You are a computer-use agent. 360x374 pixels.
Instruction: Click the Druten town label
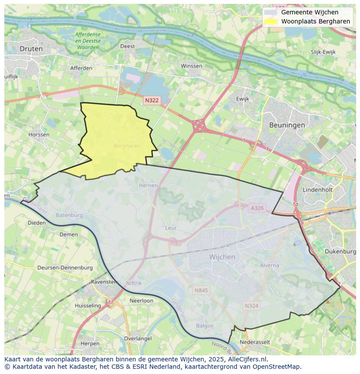(x=31, y=49)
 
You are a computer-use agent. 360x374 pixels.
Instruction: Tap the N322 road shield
(x=152, y=100)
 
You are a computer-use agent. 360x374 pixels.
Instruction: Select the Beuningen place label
(x=287, y=125)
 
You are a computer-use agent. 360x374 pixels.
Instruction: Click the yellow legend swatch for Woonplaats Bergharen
(x=270, y=21)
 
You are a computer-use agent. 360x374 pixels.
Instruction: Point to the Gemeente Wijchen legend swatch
(x=270, y=12)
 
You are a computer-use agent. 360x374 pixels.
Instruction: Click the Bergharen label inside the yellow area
(x=127, y=146)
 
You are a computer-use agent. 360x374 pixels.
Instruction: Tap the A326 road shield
(x=257, y=208)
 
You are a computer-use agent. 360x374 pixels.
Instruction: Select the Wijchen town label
(x=222, y=257)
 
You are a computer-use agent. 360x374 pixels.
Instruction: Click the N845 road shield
(x=201, y=290)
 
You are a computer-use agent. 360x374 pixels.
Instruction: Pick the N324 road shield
(x=251, y=306)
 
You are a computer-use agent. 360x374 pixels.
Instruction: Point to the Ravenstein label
(x=104, y=282)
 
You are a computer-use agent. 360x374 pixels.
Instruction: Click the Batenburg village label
(x=69, y=215)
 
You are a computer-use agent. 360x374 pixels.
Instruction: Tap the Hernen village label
(x=148, y=185)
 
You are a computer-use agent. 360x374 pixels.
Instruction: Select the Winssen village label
(x=191, y=66)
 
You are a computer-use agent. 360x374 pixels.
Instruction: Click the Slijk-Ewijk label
(x=323, y=52)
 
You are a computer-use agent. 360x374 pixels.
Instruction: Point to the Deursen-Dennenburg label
(x=65, y=268)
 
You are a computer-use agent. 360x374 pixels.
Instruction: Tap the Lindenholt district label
(x=317, y=190)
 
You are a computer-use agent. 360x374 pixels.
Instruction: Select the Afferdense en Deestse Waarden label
(x=87, y=40)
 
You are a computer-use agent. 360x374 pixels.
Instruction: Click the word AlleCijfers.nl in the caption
(x=248, y=359)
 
